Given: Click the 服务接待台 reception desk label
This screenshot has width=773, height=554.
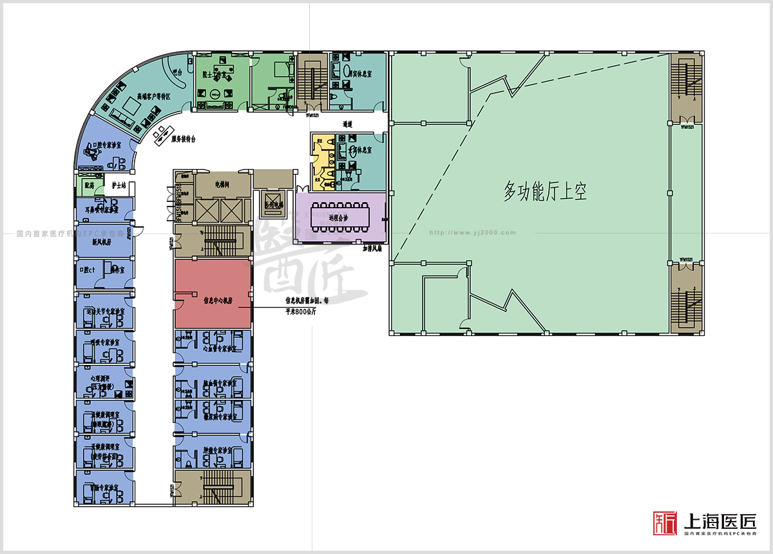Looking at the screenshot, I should pyautogui.click(x=184, y=138).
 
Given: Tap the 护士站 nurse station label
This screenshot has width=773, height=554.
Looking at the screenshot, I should pyautogui.click(x=118, y=186).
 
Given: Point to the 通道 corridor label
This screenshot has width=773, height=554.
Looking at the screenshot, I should pyautogui.click(x=348, y=123).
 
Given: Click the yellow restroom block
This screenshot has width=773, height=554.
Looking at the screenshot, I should pyautogui.click(x=320, y=161).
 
